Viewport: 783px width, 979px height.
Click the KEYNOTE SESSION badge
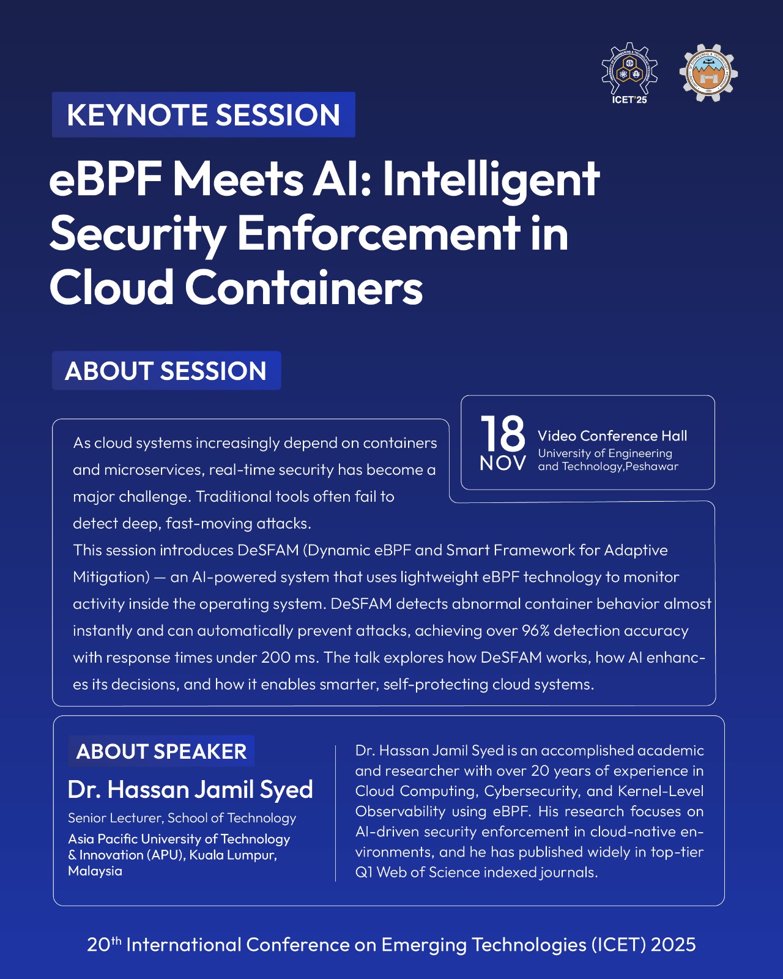[203, 114]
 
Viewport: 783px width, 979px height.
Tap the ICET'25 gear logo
[629, 73]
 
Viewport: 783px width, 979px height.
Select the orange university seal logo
[708, 73]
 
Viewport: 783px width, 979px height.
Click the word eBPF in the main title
[106, 179]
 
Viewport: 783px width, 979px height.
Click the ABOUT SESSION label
[166, 370]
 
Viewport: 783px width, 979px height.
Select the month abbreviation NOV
[503, 463]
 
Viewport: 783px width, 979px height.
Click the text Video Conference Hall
[612, 436]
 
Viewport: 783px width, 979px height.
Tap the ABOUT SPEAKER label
[161, 751]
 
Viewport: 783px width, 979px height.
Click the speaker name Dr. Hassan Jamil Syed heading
[190, 789]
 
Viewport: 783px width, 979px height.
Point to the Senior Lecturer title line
[182, 818]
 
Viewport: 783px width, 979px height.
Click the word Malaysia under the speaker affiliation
[95, 871]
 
